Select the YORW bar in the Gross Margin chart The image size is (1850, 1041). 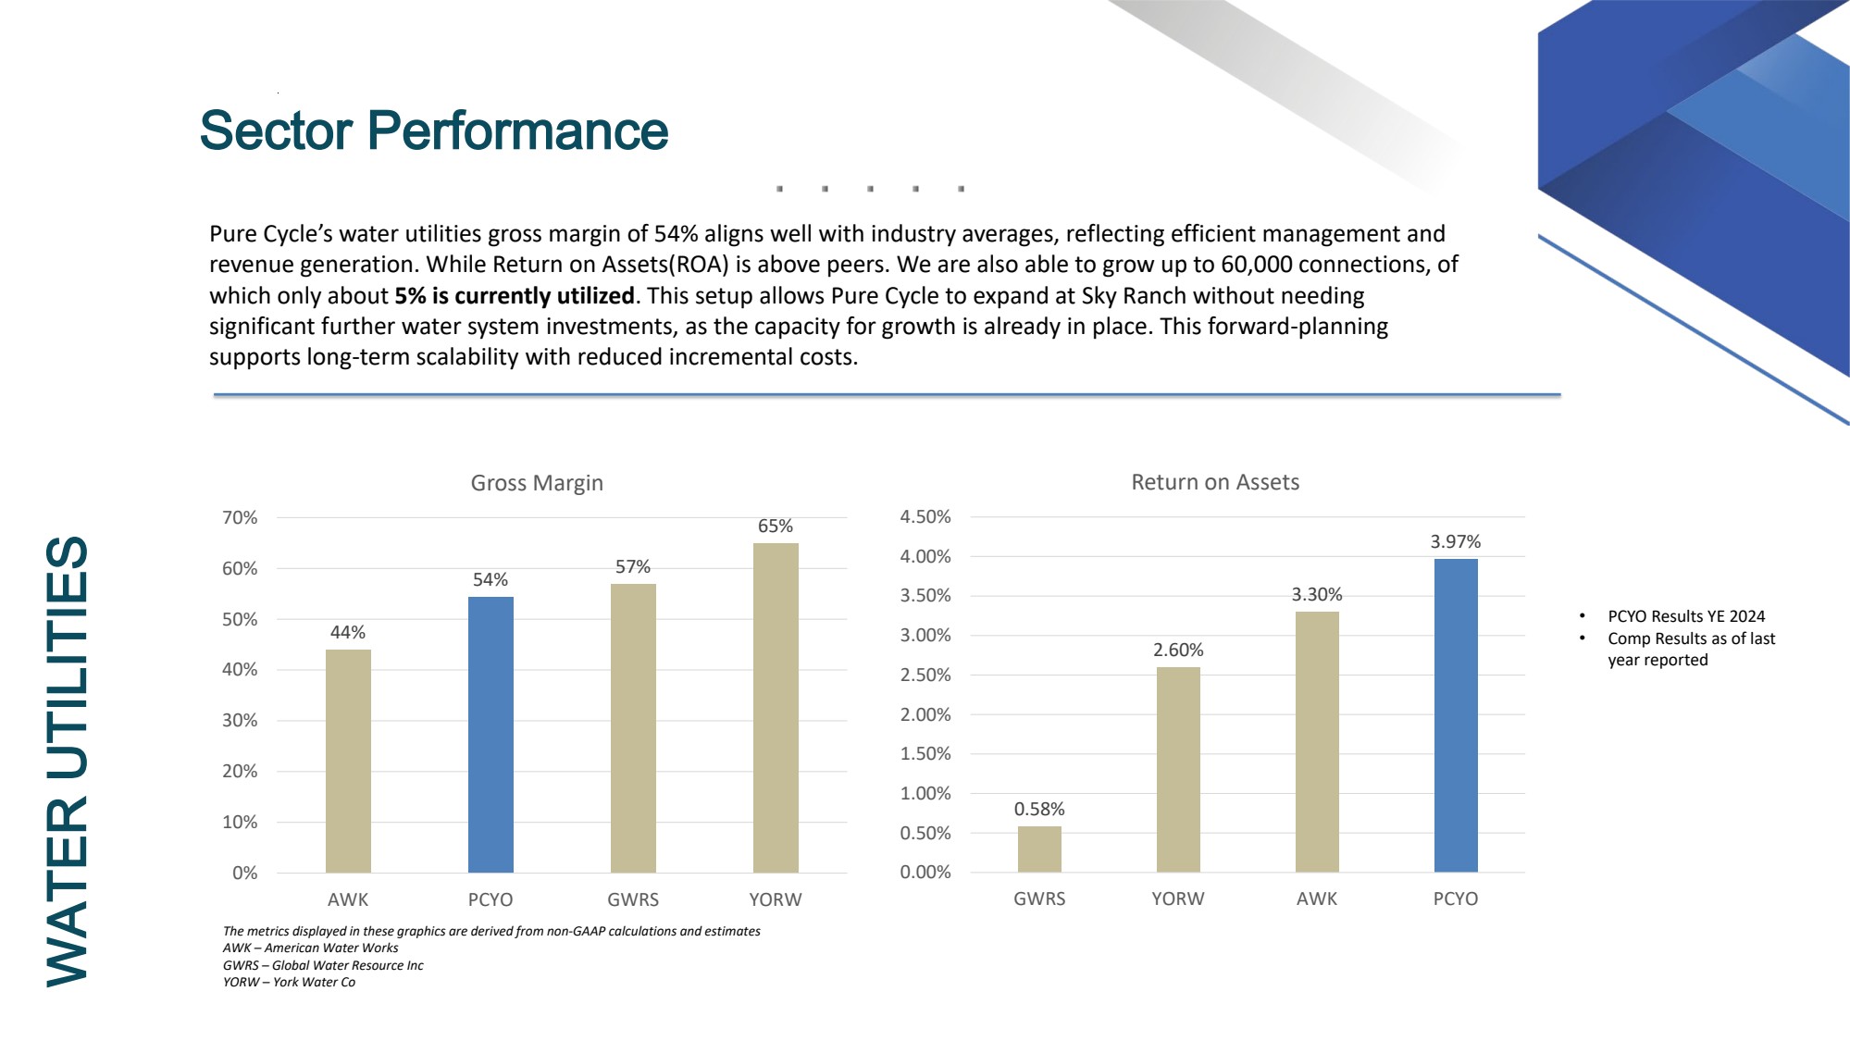pos(776,707)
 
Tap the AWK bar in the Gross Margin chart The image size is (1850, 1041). pos(348,761)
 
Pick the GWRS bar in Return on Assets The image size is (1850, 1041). pos(1039,849)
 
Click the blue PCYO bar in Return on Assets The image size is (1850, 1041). pos(1456,715)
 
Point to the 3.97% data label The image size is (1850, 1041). pos(1456,541)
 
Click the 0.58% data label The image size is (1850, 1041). pos(1039,809)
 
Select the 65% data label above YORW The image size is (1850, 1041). pos(776,526)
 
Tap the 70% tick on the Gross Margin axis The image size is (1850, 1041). pos(240,517)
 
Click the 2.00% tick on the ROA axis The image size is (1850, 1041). pos(925,714)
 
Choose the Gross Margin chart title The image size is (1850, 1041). pos(537,482)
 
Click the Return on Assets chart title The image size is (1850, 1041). pos(1215,482)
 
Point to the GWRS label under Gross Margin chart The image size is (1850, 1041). pos(633,899)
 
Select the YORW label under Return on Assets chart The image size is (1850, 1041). pos(1178,898)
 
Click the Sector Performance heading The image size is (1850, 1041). pos(433,130)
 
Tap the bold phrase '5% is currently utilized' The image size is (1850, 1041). pos(515,296)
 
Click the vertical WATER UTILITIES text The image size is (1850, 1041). pos(68,761)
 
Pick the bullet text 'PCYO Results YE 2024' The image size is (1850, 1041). pos(1686,616)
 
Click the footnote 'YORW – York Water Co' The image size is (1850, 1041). pos(289,982)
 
